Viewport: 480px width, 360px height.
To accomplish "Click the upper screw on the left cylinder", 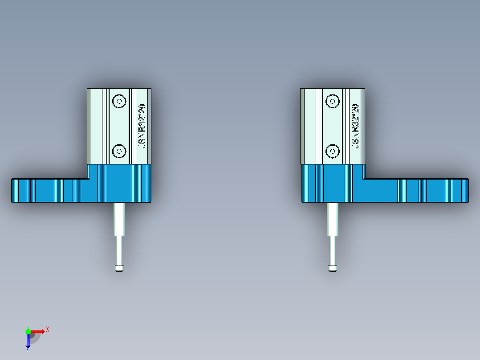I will pos(119,101).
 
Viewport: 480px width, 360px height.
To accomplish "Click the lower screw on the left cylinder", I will pos(119,151).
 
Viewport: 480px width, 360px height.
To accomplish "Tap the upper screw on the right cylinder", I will pos(332,101).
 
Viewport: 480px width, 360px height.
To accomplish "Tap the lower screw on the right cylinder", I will pos(332,151).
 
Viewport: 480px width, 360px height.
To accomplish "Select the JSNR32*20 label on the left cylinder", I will pos(142,126).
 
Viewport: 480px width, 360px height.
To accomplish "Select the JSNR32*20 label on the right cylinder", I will pos(355,126).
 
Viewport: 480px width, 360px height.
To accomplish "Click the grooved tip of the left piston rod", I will pos(119,268).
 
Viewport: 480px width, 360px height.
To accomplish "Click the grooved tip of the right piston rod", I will pos(332,268).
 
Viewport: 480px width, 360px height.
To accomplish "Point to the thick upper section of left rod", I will pos(119,219).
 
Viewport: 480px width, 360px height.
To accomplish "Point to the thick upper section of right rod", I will pos(332,219).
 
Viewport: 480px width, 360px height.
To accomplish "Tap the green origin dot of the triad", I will pos(28,331).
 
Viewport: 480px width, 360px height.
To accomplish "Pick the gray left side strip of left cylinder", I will pos(89,126).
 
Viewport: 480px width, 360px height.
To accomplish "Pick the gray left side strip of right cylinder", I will pos(302,126).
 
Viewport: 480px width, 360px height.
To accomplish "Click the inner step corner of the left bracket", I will pos(87,179).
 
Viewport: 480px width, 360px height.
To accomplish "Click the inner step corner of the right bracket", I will pos(364,179).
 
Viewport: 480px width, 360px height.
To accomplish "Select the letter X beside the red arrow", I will pos(48,329).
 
